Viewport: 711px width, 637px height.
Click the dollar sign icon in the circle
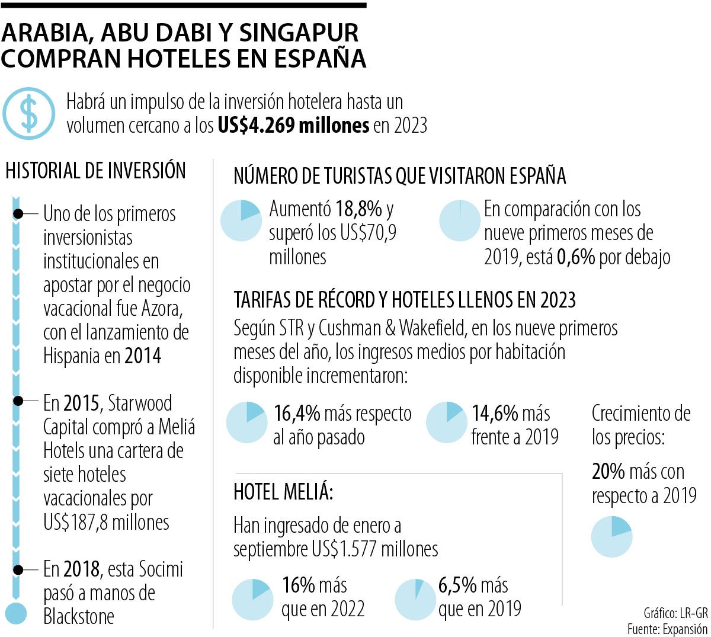click(29, 114)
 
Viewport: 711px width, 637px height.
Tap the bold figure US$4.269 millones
click(293, 126)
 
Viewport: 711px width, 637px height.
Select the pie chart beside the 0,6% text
click(460, 220)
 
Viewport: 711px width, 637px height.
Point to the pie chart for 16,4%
click(246, 422)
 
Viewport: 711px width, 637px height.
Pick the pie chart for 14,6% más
click(446, 422)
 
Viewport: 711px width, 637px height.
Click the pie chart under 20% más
click(612, 536)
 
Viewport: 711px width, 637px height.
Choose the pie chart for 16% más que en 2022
click(252, 599)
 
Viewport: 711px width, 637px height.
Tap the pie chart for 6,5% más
click(415, 599)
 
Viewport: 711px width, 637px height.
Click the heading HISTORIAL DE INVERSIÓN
click(95, 171)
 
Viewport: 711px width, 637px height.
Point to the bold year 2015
click(82, 404)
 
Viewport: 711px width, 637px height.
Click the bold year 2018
click(82, 569)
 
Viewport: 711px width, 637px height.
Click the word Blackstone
click(79, 617)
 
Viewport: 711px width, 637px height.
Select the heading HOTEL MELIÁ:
click(283, 492)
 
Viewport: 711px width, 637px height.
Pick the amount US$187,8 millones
click(106, 522)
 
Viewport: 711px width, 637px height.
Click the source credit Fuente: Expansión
click(667, 629)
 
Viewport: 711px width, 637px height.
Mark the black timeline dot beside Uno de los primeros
click(18, 214)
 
